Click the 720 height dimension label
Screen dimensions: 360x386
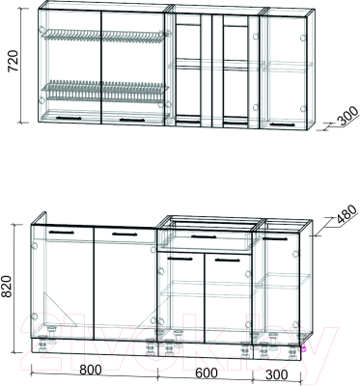tap(14, 61)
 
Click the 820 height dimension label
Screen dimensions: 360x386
tap(6, 287)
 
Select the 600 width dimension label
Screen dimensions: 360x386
tap(207, 373)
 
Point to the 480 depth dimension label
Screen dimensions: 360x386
tap(346, 214)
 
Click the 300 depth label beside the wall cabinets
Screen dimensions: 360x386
tap(346, 116)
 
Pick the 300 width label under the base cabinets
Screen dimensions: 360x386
tap(277, 375)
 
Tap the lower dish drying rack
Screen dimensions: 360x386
tap(103, 90)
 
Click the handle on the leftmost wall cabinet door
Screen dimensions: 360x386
tap(69, 118)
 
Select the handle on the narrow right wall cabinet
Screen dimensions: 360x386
tap(283, 124)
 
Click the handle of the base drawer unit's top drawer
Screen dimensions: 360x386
tap(204, 236)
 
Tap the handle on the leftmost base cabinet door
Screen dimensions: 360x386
tap(62, 232)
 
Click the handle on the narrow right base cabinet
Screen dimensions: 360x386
tap(275, 238)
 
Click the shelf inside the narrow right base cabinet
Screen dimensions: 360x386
tap(282, 281)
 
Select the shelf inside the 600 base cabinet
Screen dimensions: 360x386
tap(206, 289)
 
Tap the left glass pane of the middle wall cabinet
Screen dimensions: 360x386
tap(188, 70)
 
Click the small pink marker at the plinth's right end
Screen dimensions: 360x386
tap(303, 348)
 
